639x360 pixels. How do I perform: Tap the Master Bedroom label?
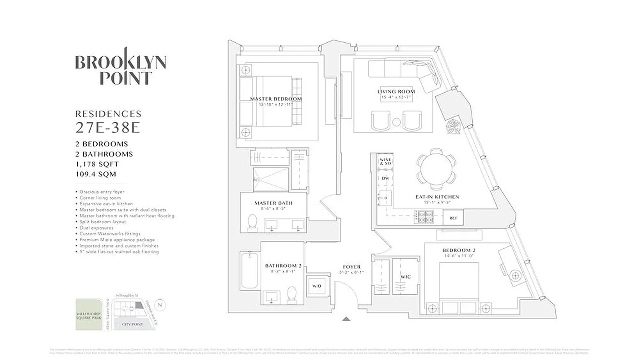[x=276, y=99]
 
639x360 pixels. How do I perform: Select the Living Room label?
[x=396, y=92]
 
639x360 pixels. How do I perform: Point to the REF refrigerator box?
[x=453, y=218]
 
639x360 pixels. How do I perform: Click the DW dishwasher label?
[x=385, y=179]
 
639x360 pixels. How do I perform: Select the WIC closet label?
[x=405, y=277]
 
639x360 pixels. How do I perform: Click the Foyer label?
[x=351, y=267]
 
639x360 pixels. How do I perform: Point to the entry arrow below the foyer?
[x=346, y=319]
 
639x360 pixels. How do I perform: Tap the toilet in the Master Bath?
[x=253, y=222]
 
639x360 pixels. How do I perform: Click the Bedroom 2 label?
[x=459, y=250]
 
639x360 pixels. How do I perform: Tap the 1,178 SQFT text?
[x=97, y=164]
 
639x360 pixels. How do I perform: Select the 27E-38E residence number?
[x=108, y=128]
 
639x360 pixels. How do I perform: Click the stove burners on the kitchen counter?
[x=425, y=218]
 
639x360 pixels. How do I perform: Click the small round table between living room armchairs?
[x=396, y=121]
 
